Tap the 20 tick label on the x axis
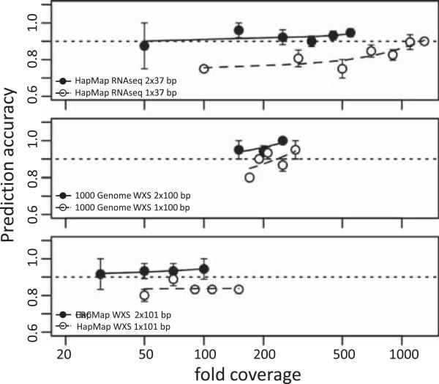65,352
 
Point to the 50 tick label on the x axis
144,352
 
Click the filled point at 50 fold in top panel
144,45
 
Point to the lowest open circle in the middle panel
249,177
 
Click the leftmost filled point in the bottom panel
101,274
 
